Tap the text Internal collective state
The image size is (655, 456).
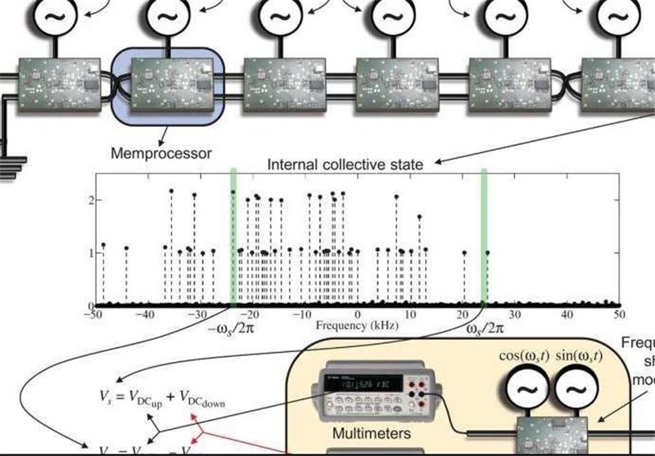(345, 165)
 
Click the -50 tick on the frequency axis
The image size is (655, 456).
(95, 314)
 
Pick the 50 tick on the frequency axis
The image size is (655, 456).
(618, 314)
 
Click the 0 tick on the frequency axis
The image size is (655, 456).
(358, 314)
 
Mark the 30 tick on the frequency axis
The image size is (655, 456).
(513, 314)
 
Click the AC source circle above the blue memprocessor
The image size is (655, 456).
(168, 16)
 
